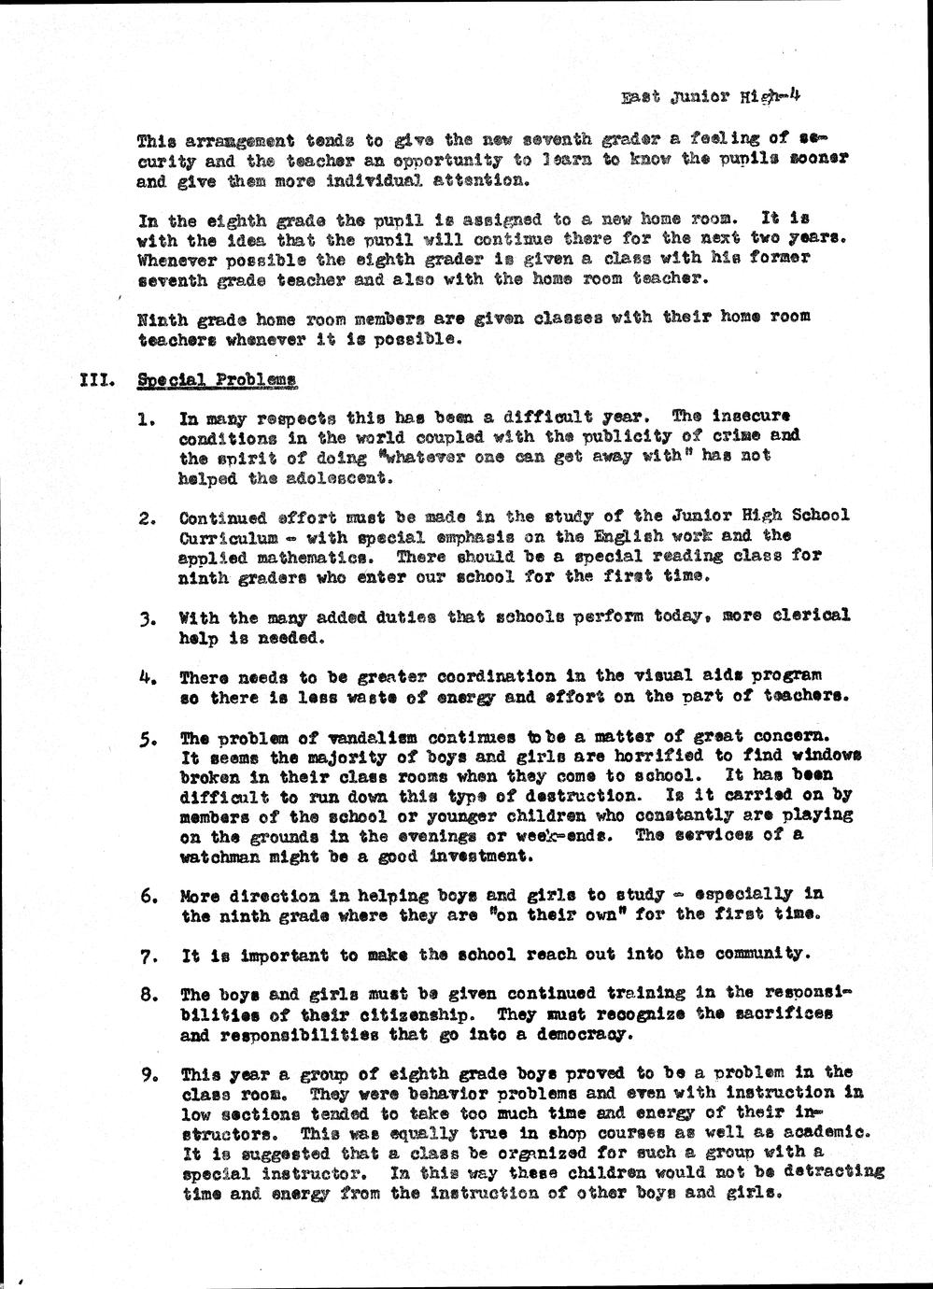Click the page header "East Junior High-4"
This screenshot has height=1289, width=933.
tap(711, 95)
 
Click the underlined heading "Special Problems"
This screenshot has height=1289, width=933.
tap(217, 380)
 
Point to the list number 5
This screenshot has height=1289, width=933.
tap(147, 738)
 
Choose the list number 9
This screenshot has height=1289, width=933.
tap(147, 1074)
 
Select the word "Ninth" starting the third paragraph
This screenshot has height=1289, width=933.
tap(162, 318)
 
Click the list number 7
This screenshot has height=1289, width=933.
tap(147, 956)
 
